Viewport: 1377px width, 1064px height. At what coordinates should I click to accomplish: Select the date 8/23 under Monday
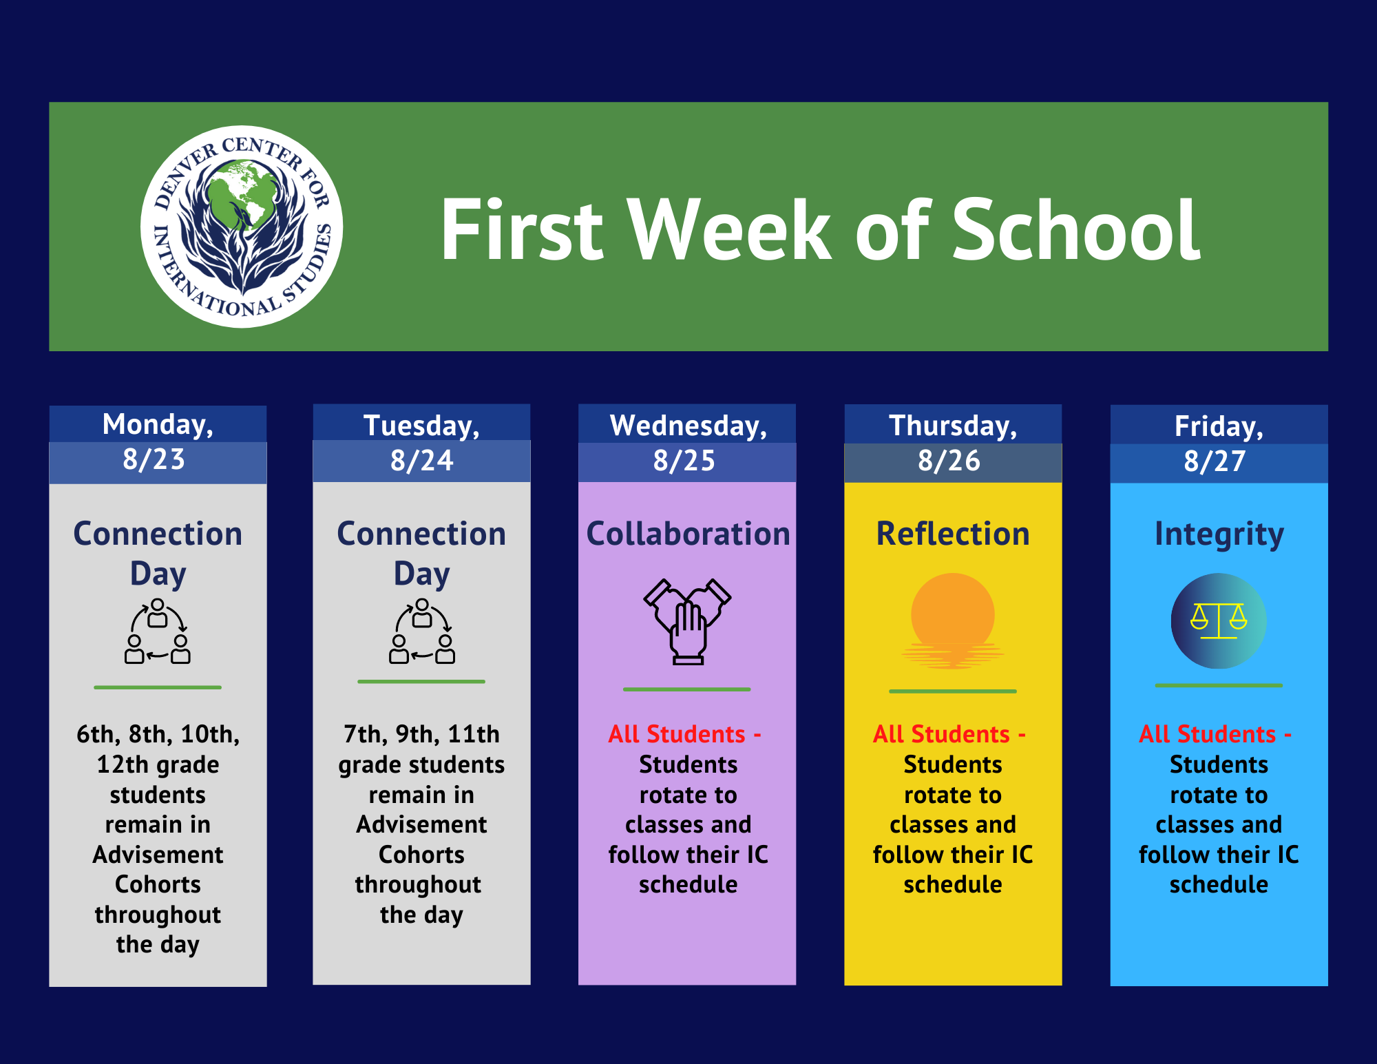click(x=154, y=460)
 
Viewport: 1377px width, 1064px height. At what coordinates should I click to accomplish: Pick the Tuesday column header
click(x=421, y=426)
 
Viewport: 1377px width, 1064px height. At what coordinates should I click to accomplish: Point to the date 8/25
click(x=684, y=461)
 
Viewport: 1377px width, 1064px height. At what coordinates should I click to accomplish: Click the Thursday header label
click(x=953, y=426)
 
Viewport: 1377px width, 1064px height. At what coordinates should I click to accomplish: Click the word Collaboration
click(x=688, y=534)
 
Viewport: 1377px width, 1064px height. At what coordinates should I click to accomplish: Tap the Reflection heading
click(x=953, y=534)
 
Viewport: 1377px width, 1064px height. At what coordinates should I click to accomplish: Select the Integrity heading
click(x=1219, y=534)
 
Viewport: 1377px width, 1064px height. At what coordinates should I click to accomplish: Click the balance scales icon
click(x=1219, y=621)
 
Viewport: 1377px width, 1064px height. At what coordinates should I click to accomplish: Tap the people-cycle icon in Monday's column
click(x=158, y=632)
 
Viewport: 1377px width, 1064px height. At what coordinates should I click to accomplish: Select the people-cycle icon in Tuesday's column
click(x=422, y=632)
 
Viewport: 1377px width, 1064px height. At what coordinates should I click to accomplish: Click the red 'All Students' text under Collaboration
click(x=677, y=735)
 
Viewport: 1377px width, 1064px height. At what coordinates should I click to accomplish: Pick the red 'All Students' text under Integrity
click(x=1208, y=735)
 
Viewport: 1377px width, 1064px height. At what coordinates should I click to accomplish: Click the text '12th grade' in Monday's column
click(x=158, y=765)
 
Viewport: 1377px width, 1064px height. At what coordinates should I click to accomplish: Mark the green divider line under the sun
click(x=953, y=691)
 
